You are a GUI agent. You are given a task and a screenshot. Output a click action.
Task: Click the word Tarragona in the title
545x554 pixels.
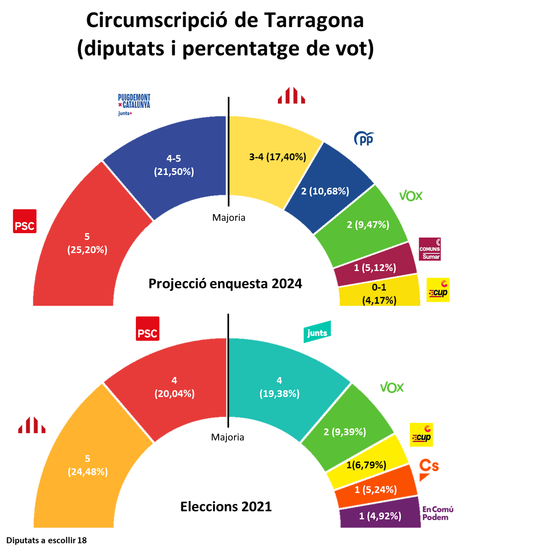click(x=314, y=20)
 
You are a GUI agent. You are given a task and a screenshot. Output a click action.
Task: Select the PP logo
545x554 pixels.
click(x=364, y=138)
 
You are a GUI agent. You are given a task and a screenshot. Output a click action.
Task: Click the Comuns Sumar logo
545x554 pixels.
click(x=429, y=249)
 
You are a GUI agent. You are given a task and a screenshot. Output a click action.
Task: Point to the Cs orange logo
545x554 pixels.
click(x=429, y=469)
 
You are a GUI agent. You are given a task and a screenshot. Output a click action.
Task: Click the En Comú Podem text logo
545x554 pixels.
click(x=437, y=513)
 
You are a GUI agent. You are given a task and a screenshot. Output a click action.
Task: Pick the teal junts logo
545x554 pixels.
click(x=317, y=332)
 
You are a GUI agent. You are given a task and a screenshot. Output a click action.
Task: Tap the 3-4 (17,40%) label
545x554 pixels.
click(x=277, y=157)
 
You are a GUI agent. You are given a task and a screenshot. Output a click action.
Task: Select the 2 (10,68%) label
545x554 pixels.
click(x=325, y=191)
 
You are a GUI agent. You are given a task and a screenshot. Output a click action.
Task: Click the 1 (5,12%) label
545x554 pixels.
click(x=375, y=268)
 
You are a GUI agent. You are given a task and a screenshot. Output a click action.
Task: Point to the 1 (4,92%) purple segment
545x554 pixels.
click(x=380, y=516)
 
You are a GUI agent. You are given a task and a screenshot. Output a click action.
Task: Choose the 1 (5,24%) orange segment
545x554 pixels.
click(x=376, y=489)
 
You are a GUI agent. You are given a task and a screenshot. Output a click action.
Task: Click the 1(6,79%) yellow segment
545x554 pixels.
click(x=366, y=465)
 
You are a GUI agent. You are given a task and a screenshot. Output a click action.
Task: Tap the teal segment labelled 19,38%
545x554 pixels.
click(x=279, y=387)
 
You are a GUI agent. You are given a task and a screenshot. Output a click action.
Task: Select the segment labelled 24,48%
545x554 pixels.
click(x=88, y=466)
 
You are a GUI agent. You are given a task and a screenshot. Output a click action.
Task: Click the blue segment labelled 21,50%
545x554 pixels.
click(x=174, y=165)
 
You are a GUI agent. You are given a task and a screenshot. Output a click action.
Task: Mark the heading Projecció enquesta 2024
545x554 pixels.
click(x=225, y=284)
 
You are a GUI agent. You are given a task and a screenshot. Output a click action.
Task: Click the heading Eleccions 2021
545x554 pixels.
click(x=226, y=507)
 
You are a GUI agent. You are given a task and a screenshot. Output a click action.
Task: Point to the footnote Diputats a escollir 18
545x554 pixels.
click(x=46, y=540)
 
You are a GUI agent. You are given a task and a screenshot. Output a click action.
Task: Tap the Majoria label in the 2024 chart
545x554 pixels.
click(x=228, y=218)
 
